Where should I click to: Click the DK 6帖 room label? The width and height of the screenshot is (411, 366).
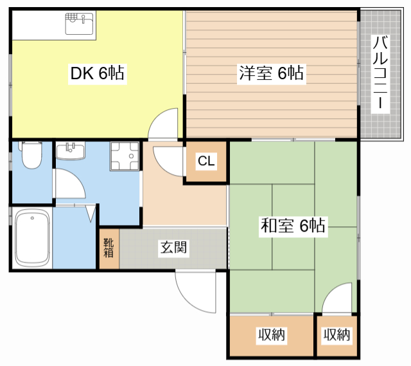pos(98,73)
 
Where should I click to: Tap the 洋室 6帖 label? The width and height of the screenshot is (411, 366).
pos(271,73)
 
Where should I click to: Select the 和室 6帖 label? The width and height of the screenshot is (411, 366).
pos(293,226)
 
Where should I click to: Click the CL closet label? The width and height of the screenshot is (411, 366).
pos(206,161)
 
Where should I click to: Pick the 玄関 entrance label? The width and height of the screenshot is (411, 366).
pos(173,248)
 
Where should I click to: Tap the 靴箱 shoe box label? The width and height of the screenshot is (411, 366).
pos(109,248)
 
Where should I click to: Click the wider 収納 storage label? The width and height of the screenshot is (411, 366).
pos(272,334)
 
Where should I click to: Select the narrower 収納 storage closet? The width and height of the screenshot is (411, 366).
pos(337,336)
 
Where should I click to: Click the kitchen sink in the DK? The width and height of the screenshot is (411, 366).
pos(79,24)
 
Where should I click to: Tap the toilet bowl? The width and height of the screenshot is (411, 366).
pos(31,156)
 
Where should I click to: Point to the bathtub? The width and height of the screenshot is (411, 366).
pos(32,237)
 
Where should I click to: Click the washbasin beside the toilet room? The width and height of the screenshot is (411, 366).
pos(71,151)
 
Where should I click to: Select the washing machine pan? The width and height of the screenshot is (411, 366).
pos(125,156)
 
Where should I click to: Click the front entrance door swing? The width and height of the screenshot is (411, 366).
pos(195,291)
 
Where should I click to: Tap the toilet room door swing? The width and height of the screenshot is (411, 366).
pos(70,184)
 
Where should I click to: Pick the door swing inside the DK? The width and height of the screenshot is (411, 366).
pos(163,124)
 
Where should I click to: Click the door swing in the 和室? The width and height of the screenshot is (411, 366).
pos(337,298)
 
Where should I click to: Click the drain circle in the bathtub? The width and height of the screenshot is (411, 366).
pos(32,218)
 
